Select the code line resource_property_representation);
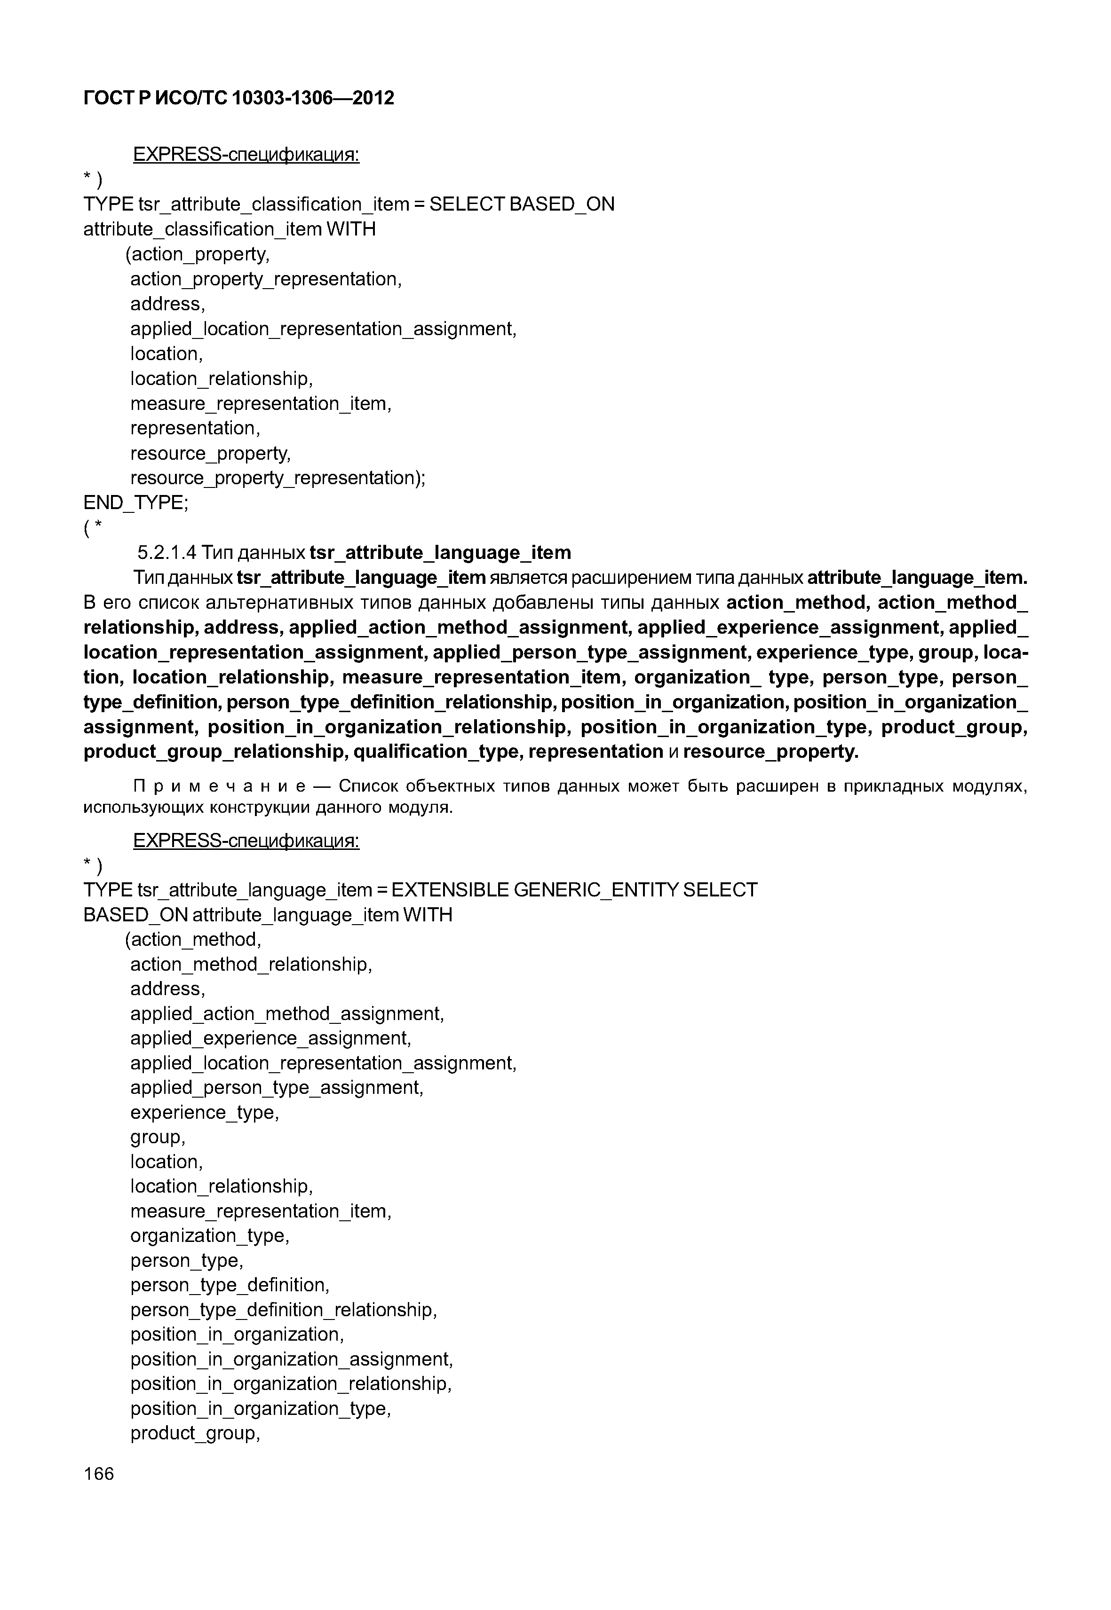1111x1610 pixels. tap(278, 478)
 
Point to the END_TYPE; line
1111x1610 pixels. tap(136, 503)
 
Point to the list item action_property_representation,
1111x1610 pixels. tap(266, 279)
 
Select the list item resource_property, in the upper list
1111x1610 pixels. tap(210, 454)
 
